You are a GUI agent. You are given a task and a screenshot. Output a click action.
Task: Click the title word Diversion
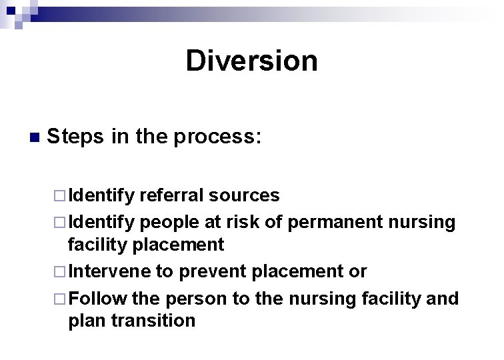[x=251, y=61]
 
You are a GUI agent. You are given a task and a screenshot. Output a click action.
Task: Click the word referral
[x=172, y=195]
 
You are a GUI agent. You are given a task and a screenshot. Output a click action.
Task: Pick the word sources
[x=244, y=195]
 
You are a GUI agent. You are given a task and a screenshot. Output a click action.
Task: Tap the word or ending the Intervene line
[x=357, y=272]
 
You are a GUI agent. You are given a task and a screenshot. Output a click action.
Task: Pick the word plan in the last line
[x=88, y=321]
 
